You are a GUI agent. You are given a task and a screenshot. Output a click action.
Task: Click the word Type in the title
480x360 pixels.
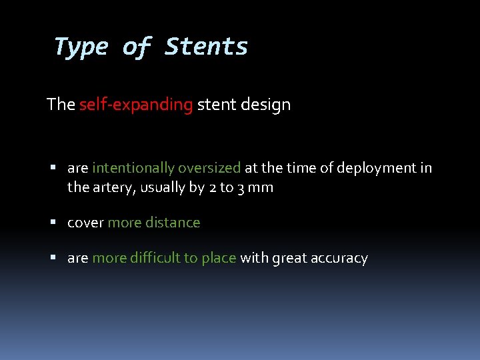click(x=81, y=47)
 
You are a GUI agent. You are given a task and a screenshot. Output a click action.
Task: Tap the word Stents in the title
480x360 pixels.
click(x=206, y=47)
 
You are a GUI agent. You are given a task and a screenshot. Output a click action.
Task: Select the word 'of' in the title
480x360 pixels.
click(x=137, y=47)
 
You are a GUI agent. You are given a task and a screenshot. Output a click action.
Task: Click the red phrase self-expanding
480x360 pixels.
click(x=136, y=105)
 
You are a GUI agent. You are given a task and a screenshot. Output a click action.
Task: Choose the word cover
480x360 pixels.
click(x=85, y=223)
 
